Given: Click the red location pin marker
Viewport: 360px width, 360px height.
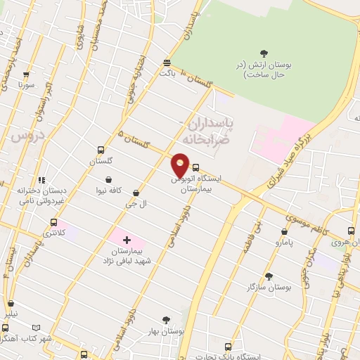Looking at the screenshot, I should pyautogui.click(x=181, y=165).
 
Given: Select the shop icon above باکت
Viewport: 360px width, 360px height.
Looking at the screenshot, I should pyautogui.click(x=166, y=62).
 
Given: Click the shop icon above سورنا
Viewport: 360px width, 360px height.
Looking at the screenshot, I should pyautogui.click(x=27, y=74).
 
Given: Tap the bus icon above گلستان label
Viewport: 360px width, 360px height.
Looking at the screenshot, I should pyautogui.click(x=101, y=150).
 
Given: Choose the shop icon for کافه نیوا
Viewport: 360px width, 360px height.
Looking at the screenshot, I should pyautogui.click(x=109, y=179).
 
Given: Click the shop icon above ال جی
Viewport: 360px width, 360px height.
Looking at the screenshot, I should pyautogui.click(x=135, y=193).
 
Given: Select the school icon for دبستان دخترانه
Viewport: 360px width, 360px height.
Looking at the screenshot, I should pyautogui.click(x=42, y=179).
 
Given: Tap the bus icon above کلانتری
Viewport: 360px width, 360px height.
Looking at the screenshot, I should pyautogui.click(x=53, y=222).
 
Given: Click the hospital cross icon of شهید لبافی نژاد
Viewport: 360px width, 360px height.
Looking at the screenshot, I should pyautogui.click(x=127, y=240).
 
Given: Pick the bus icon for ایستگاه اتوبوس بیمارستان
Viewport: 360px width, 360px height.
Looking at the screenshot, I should pyautogui.click(x=195, y=168).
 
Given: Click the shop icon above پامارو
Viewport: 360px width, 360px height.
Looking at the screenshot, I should pyautogui.click(x=284, y=231).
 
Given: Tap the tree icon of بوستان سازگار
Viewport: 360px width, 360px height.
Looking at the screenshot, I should pyautogui.click(x=269, y=276).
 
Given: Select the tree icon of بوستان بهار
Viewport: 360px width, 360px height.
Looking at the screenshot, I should pyautogui.click(x=166, y=319).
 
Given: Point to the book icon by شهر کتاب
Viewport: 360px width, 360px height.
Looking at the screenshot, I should pyautogui.click(x=35, y=328).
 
